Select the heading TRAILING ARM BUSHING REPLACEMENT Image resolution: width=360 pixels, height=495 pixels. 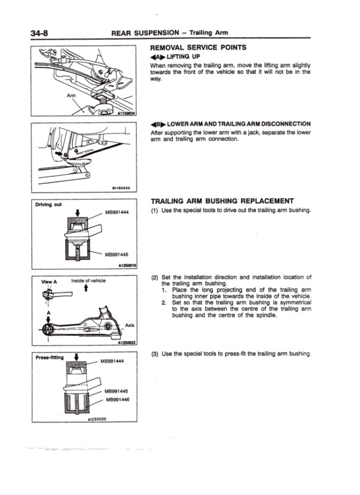tap(221, 200)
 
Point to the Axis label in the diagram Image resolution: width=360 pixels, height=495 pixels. tap(129, 326)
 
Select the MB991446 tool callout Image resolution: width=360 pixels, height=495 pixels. tap(119, 400)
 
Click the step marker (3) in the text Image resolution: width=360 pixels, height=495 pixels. tap(153, 354)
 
